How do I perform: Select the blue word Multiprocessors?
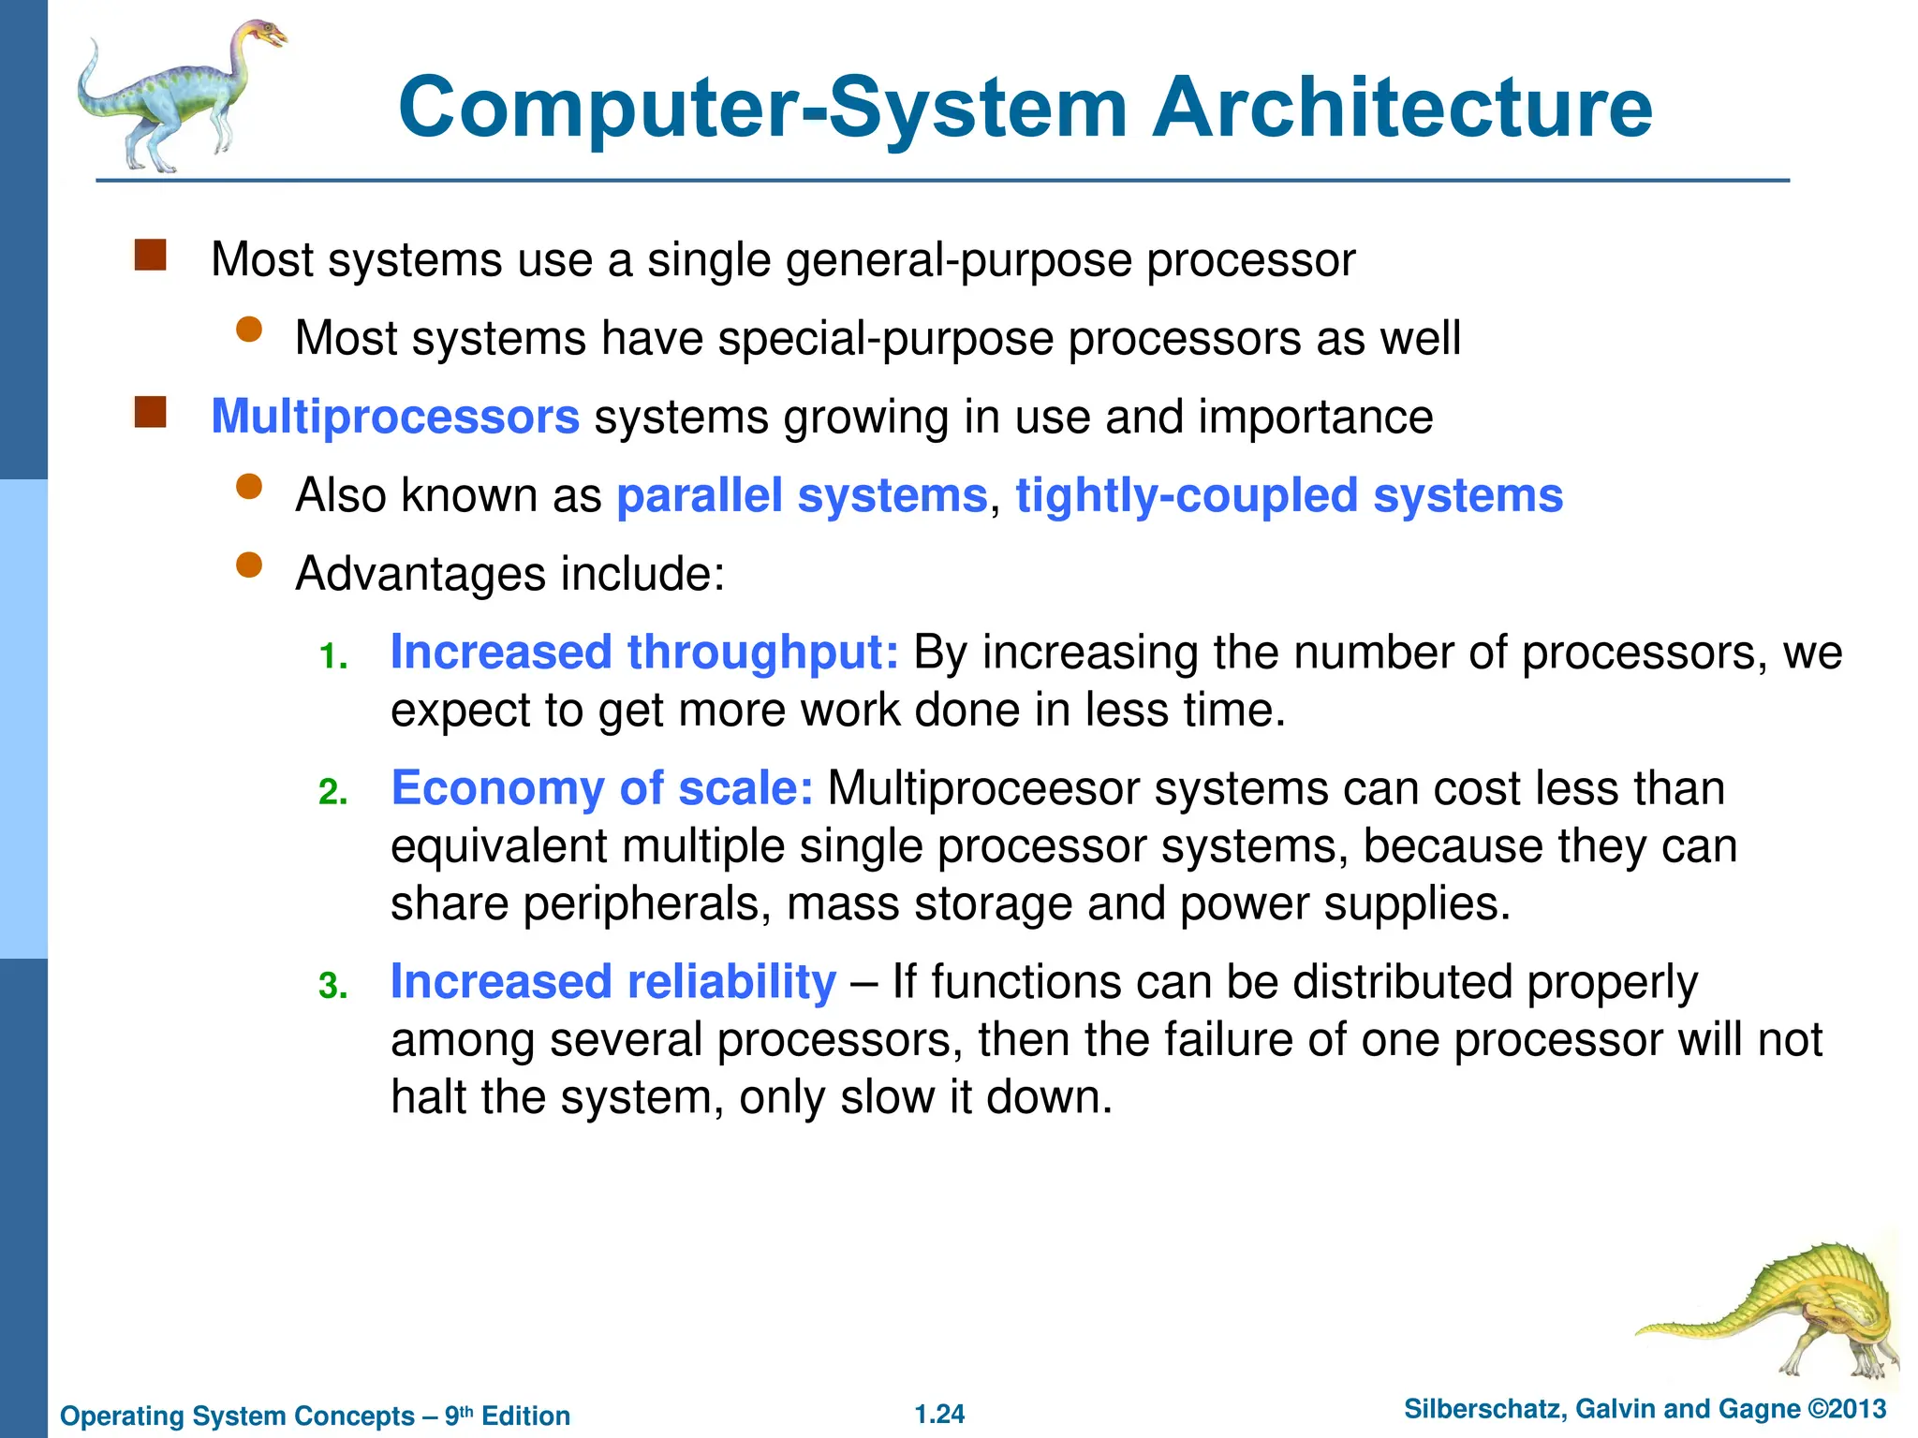pyautogui.click(x=395, y=417)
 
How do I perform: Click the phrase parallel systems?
pyautogui.click(x=802, y=495)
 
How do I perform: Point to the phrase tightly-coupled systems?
pyautogui.click(x=1289, y=495)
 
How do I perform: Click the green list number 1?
pyautogui.click(x=332, y=657)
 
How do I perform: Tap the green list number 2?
pyautogui.click(x=332, y=793)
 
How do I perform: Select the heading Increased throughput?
pyautogui.click(x=644, y=652)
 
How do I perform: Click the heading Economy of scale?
pyautogui.click(x=602, y=787)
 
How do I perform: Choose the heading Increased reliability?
pyautogui.click(x=613, y=981)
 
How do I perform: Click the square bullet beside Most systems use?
pyautogui.click(x=150, y=256)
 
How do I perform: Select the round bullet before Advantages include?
pyautogui.click(x=249, y=565)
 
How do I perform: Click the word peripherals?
pyautogui.click(x=646, y=904)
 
